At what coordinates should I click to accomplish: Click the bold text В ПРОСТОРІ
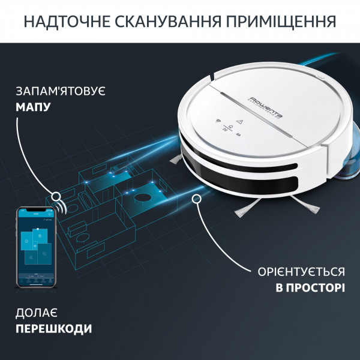tap(310, 288)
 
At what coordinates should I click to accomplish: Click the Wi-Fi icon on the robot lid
tap(217, 119)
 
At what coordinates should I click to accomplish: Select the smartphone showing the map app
tap(35, 247)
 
